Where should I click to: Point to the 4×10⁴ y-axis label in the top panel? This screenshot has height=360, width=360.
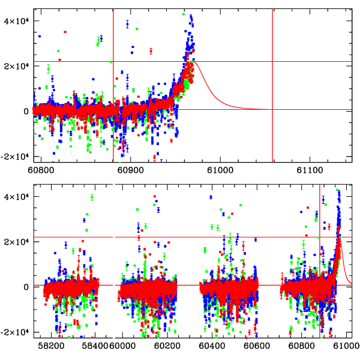(x=16, y=20)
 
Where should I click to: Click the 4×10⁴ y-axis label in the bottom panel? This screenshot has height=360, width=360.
(x=16, y=196)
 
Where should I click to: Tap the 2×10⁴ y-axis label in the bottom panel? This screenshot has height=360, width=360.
(x=16, y=241)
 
